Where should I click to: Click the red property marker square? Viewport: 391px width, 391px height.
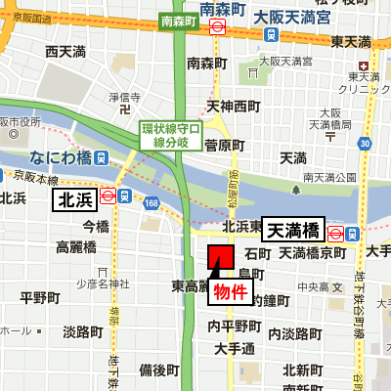(x=220, y=257)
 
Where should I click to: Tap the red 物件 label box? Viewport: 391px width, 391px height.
(x=231, y=292)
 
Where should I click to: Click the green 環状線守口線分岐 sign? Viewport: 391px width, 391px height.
(x=171, y=135)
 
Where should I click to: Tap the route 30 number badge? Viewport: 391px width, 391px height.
(x=364, y=144)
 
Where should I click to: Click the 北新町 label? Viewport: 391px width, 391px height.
(x=303, y=369)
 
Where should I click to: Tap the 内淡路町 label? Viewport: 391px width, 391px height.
(x=295, y=333)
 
